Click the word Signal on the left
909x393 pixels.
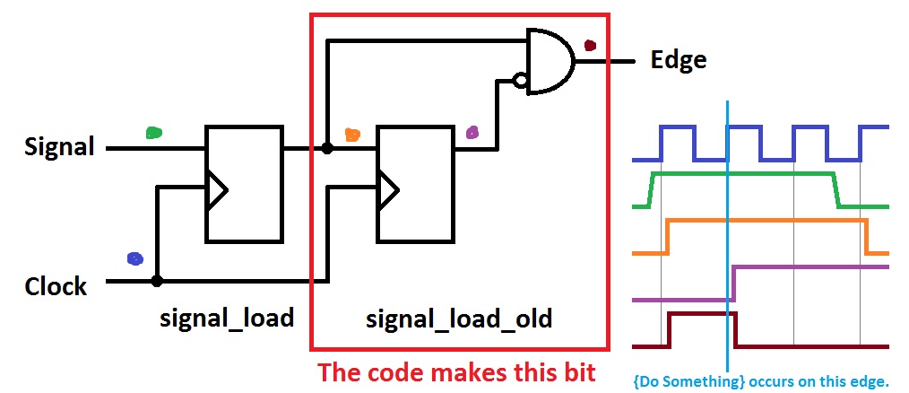coord(59,146)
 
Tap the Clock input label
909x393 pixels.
coord(56,287)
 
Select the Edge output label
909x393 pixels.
coord(678,60)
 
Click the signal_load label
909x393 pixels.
coord(227,318)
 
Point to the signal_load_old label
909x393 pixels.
coord(460,318)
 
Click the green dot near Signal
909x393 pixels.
coord(154,132)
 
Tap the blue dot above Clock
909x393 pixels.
coord(134,258)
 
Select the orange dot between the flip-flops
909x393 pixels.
coord(352,135)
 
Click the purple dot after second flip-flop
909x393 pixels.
coord(472,133)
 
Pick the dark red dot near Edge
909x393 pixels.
coord(589,44)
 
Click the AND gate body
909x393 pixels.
coord(548,61)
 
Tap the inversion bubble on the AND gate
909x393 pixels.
coord(519,81)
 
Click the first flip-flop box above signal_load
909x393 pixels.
coord(244,184)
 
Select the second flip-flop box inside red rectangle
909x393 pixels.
coord(415,184)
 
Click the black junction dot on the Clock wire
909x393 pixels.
coord(157,281)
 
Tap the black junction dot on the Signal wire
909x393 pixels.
coord(327,147)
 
